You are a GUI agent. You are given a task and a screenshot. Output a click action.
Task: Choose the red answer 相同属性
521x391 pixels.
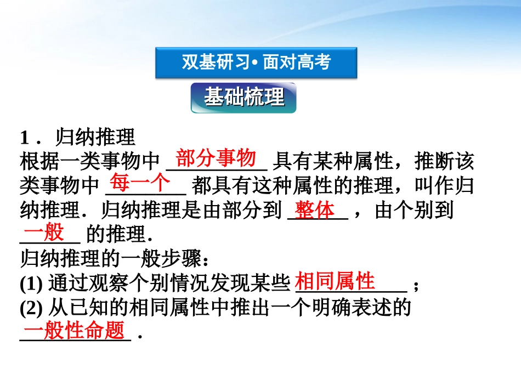[335, 281]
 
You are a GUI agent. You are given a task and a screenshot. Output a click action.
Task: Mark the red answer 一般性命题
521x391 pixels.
[75, 331]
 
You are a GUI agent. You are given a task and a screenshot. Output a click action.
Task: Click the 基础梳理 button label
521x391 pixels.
[244, 97]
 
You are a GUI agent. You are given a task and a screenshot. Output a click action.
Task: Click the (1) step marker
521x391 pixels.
[31, 284]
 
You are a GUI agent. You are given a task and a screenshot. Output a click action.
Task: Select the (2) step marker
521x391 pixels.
[31, 309]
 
